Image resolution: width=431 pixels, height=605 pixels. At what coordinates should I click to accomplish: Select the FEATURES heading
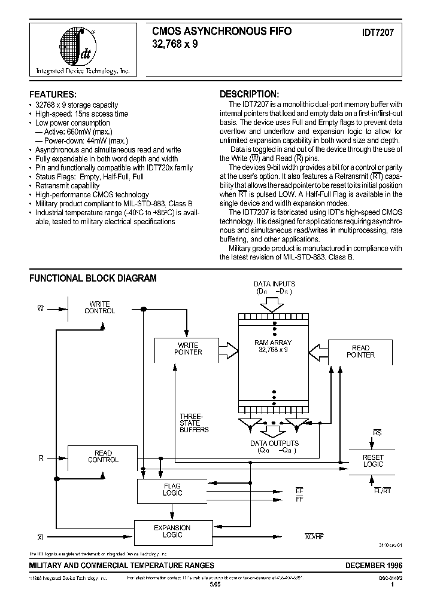tap(53, 94)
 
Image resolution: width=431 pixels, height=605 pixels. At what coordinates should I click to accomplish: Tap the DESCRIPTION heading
tap(249, 94)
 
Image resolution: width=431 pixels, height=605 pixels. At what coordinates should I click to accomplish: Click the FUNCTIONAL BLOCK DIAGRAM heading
tap(93, 278)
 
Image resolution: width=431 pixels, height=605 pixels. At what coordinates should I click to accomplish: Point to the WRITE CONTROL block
tap(99, 308)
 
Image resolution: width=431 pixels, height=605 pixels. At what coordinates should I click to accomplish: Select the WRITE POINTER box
tap(188, 349)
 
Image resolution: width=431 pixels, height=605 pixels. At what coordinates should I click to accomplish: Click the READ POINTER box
tap(360, 352)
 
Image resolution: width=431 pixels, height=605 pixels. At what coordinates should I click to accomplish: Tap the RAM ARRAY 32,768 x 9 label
tap(273, 347)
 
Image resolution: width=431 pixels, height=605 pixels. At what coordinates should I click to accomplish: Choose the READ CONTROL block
tap(103, 457)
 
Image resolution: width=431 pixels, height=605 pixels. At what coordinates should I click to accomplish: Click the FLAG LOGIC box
tap(172, 490)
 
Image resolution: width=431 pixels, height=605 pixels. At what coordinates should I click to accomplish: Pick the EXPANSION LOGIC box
tap(172, 531)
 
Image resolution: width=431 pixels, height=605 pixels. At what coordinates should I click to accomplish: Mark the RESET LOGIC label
tap(373, 461)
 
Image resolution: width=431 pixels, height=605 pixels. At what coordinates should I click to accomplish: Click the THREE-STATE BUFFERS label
tap(194, 423)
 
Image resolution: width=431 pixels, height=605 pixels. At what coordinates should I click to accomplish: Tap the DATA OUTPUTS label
tap(274, 444)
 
